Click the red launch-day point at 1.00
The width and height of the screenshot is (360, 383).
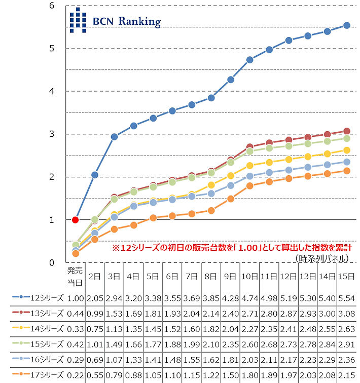tap(75, 220)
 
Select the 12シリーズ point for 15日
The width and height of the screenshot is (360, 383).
tap(347, 25)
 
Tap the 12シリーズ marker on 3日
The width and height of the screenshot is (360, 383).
tap(114, 137)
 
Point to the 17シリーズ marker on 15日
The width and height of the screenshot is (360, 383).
tap(347, 171)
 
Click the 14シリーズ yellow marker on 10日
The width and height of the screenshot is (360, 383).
tap(249, 166)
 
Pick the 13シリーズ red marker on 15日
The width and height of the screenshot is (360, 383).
tap(347, 131)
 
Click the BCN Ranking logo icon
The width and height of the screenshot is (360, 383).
tap(78, 21)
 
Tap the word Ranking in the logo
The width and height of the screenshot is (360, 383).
tap(139, 22)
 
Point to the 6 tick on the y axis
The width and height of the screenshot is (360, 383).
tap(52, 6)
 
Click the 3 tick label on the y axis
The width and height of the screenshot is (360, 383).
tap(52, 134)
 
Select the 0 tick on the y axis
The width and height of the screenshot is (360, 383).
tap(52, 262)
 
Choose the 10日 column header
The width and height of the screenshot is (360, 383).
tap(249, 276)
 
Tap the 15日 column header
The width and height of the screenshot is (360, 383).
tap(347, 276)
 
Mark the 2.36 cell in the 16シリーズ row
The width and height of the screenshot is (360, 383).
tap(347, 360)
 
